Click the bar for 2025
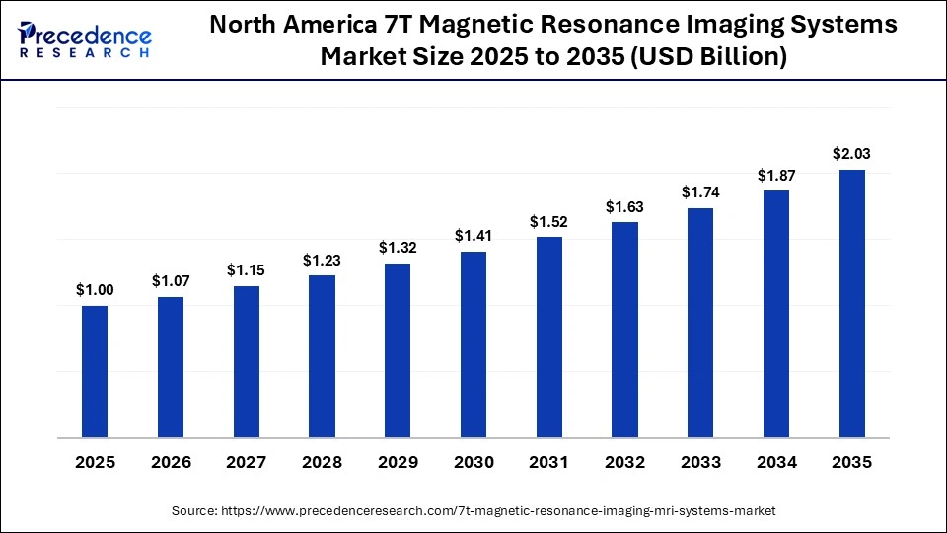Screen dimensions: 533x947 (x=95, y=371)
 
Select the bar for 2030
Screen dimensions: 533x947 (x=473, y=344)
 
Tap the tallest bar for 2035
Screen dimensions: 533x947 (x=852, y=303)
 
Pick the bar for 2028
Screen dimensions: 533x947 (x=322, y=356)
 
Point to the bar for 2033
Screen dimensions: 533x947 (x=700, y=323)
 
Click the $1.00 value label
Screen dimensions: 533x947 (x=95, y=289)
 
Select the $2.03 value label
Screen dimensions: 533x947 (x=852, y=153)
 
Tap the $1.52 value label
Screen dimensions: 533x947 (x=549, y=220)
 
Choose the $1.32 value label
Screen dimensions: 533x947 (x=398, y=247)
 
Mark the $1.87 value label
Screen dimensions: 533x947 (x=776, y=175)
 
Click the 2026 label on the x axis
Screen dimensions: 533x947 (x=171, y=462)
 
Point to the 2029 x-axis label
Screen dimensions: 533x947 (x=398, y=462)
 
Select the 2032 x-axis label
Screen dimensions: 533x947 (x=624, y=462)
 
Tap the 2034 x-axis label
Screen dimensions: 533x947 (x=776, y=462)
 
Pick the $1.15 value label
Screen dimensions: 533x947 (x=247, y=269)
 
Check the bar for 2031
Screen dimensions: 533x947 (x=549, y=338)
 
